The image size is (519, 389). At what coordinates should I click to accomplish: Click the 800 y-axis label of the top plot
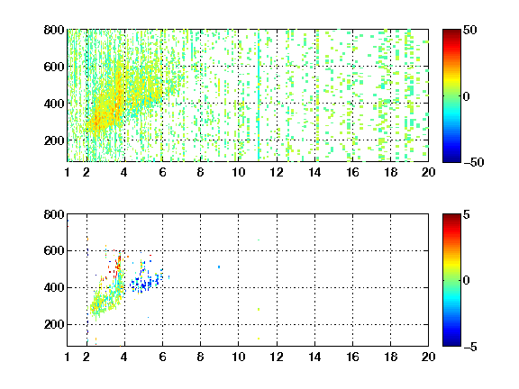[x=54, y=30]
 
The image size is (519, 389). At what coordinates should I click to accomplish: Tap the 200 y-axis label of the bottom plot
[x=54, y=324]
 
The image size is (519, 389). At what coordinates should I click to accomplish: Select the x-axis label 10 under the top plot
[x=238, y=172]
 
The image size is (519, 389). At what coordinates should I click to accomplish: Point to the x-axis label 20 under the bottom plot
[x=428, y=357]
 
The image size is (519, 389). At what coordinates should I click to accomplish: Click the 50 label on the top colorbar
[x=470, y=30]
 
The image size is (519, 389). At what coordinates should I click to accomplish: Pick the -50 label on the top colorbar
[x=474, y=162]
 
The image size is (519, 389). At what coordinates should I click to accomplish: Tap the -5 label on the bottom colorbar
[x=470, y=347]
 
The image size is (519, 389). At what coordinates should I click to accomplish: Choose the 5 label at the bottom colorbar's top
[x=467, y=214]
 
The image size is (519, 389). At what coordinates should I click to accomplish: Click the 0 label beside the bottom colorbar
[x=467, y=281]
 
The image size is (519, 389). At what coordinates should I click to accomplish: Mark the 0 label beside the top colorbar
[x=467, y=96]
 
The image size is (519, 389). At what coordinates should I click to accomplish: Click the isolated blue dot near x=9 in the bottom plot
[x=219, y=267]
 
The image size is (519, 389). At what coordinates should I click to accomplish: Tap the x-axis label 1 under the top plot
[x=68, y=172]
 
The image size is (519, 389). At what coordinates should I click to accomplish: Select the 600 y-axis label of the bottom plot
[x=54, y=250]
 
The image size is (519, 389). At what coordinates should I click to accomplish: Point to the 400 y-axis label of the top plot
[x=54, y=104]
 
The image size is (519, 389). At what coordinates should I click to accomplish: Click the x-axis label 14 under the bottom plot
[x=314, y=357]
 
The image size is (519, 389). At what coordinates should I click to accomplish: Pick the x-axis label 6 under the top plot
[x=162, y=172]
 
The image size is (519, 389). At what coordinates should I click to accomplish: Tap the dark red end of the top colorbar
[x=451, y=32]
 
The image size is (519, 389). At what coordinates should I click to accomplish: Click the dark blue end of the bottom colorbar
[x=451, y=343]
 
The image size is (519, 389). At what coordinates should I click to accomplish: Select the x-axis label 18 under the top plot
[x=390, y=172]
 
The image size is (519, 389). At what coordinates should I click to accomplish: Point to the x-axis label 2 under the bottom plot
[x=86, y=357]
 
